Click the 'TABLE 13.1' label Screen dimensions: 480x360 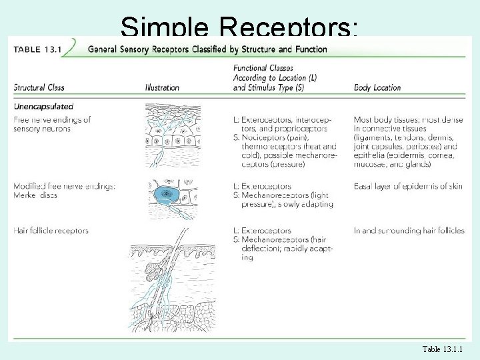(37, 49)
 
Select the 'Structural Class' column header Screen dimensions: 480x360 (39, 87)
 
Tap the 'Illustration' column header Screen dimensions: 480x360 (162, 87)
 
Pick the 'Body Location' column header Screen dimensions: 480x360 (377, 87)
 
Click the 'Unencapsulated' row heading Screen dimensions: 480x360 (43, 106)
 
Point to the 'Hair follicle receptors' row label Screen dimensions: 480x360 (51, 231)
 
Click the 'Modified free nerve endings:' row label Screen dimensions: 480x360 (64, 186)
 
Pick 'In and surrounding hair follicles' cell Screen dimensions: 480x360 (409, 231)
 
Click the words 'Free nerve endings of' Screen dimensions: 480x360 (52, 119)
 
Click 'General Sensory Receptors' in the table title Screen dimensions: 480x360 (139, 49)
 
